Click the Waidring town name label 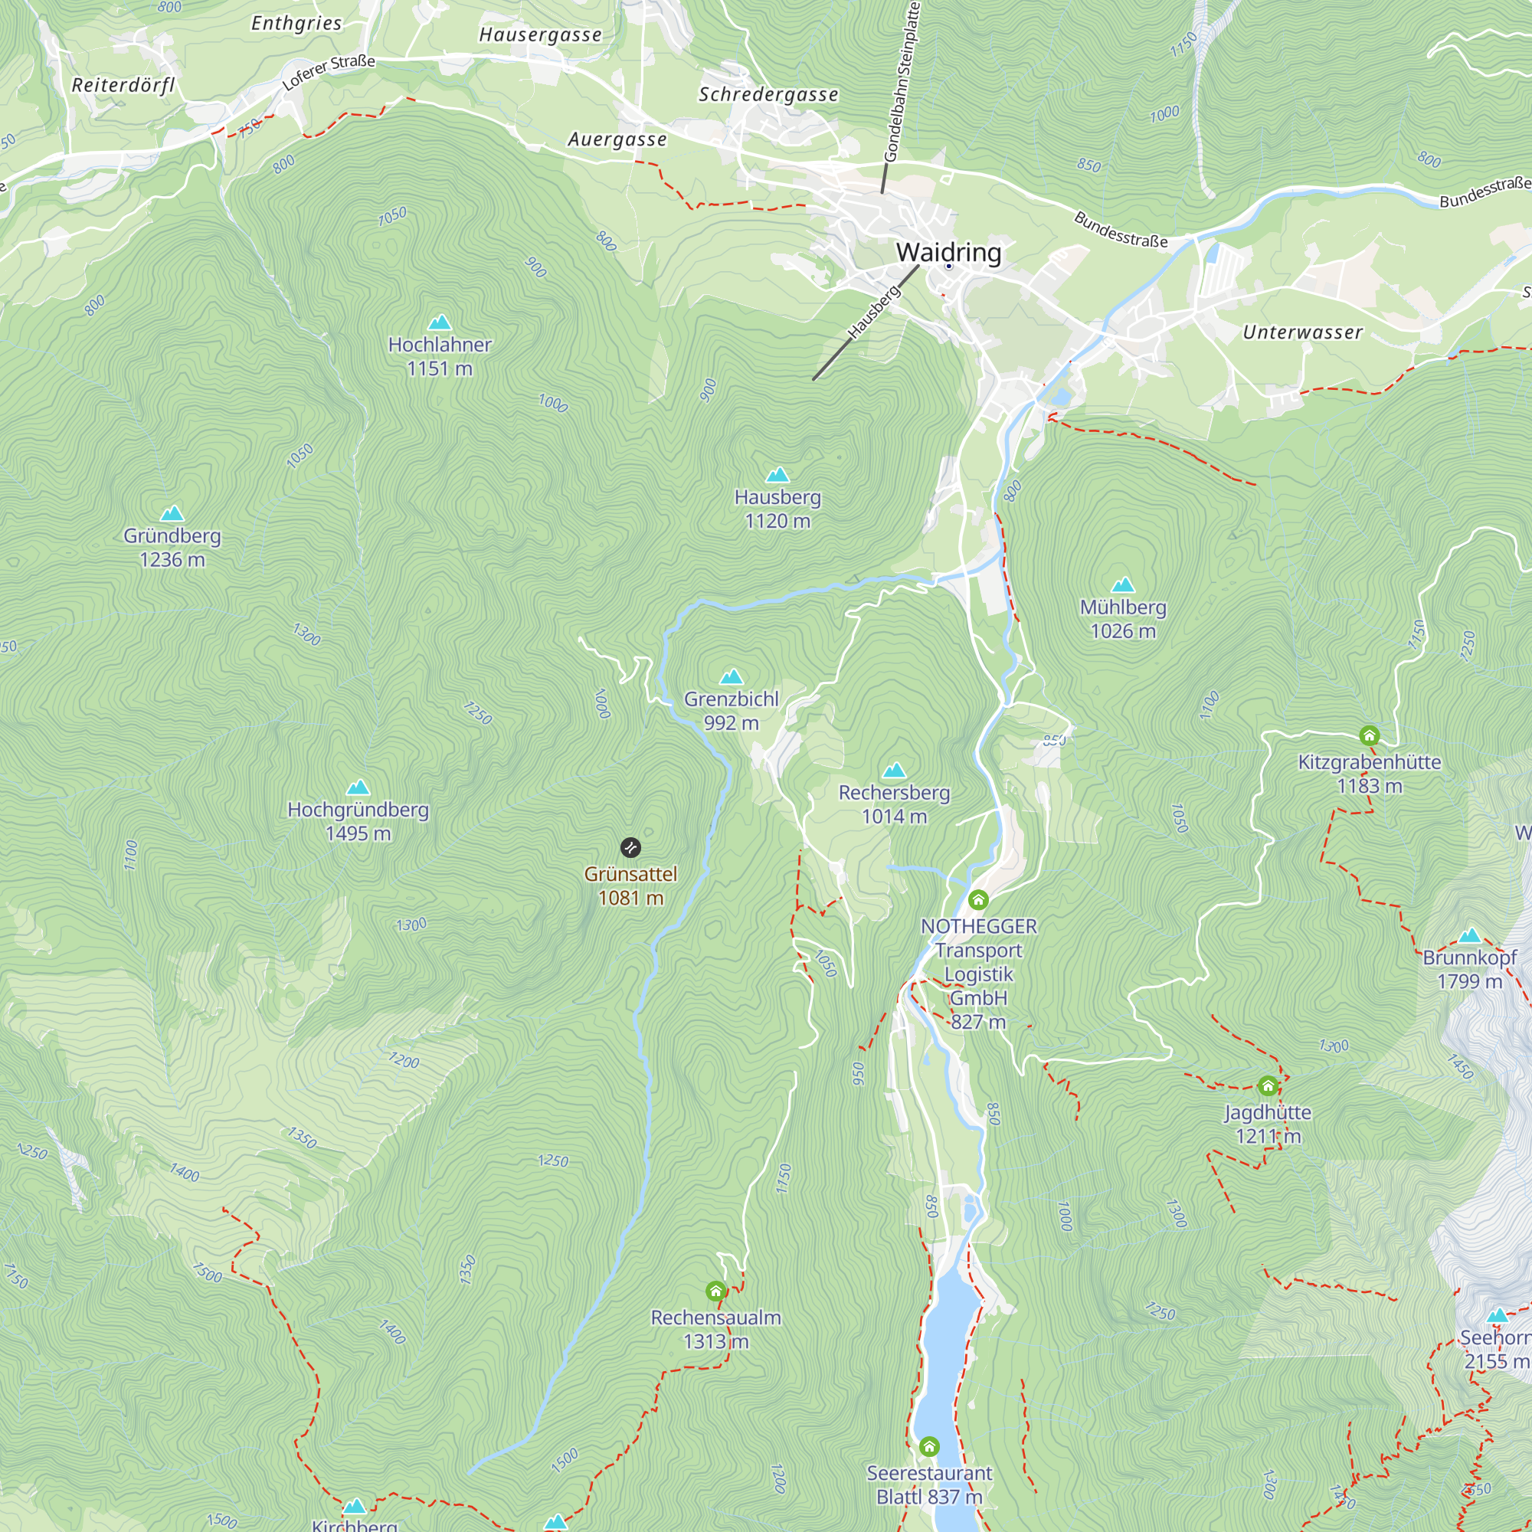tap(948, 252)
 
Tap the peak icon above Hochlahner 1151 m tap(439, 322)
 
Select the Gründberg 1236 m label tap(172, 547)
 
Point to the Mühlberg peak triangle tap(1123, 585)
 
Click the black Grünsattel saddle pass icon tap(630, 848)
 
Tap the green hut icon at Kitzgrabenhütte tap(1370, 735)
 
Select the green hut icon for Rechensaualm tap(715, 1291)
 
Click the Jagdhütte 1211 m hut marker tap(1267, 1085)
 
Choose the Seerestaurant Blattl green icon tap(928, 1446)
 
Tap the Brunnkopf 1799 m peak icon tap(1469, 936)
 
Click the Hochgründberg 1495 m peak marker tap(358, 787)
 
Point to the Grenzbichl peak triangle tap(731, 676)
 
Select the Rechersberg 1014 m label tap(894, 804)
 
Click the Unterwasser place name tap(1302, 332)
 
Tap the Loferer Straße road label tap(329, 72)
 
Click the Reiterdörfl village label tap(123, 86)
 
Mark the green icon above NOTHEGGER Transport tap(977, 899)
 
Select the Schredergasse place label tap(768, 94)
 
